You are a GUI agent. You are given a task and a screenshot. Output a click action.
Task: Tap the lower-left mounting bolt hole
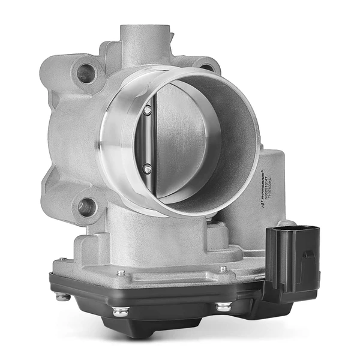tap(86, 208)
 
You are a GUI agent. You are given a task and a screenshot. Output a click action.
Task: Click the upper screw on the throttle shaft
tap(147, 110)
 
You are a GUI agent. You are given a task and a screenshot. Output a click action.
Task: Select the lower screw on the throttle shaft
tap(147, 169)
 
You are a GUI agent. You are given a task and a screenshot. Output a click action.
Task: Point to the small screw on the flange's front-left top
tap(121, 273)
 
